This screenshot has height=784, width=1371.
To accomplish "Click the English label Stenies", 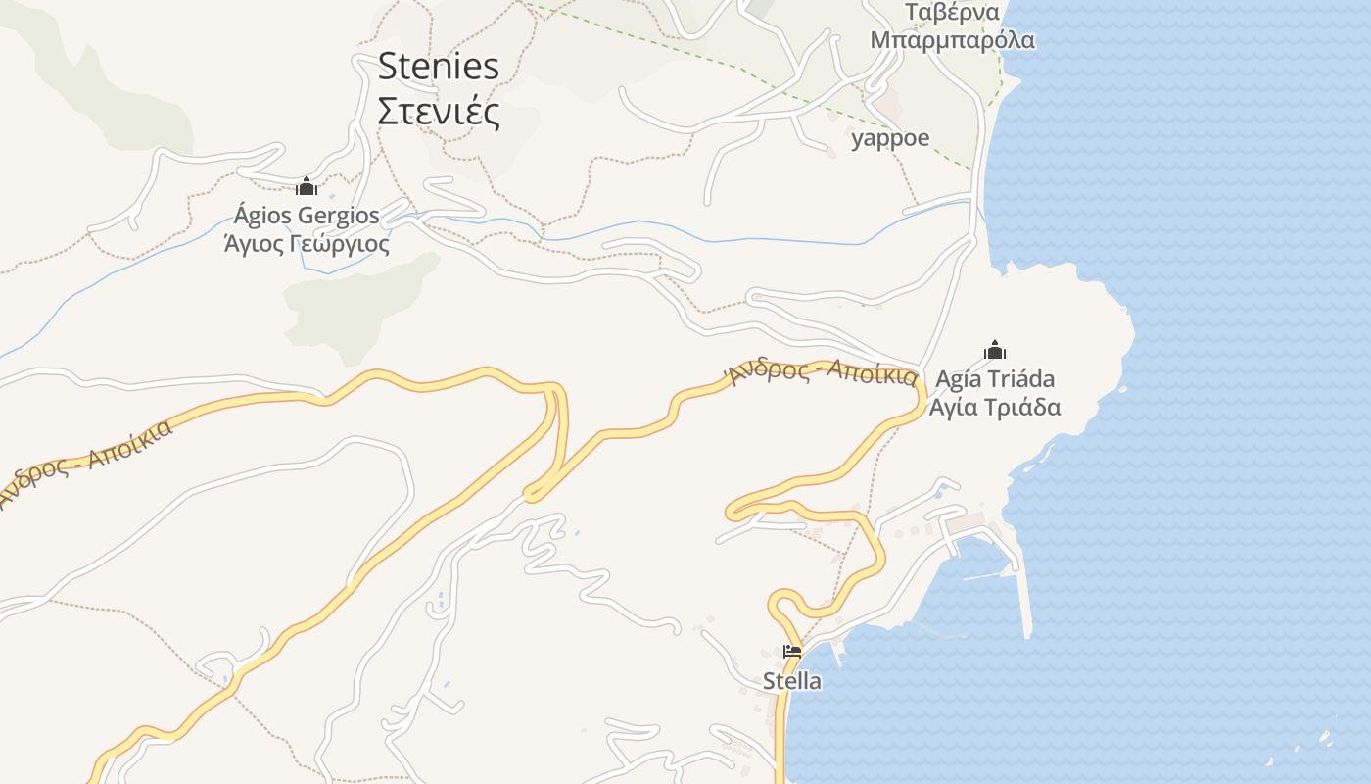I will (x=438, y=67).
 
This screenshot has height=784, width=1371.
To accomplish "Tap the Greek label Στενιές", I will (x=438, y=111).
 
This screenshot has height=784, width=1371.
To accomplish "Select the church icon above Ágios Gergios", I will (x=307, y=186).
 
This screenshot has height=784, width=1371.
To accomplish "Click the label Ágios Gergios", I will (x=307, y=215).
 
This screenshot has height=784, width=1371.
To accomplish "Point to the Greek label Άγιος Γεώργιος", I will (x=307, y=243).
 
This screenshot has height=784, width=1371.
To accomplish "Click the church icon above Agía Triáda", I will (x=995, y=350).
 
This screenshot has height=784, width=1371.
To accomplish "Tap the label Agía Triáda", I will (x=995, y=379).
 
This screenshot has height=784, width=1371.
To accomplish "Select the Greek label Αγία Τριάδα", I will (x=995, y=407).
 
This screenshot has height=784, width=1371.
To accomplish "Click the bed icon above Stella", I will (x=792, y=651).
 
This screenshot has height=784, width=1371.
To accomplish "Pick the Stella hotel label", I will (x=792, y=680).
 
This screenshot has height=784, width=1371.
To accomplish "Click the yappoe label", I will (x=890, y=138).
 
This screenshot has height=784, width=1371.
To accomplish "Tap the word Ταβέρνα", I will (x=952, y=12).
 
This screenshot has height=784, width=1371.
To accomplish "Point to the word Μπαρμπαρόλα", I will (x=952, y=40).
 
